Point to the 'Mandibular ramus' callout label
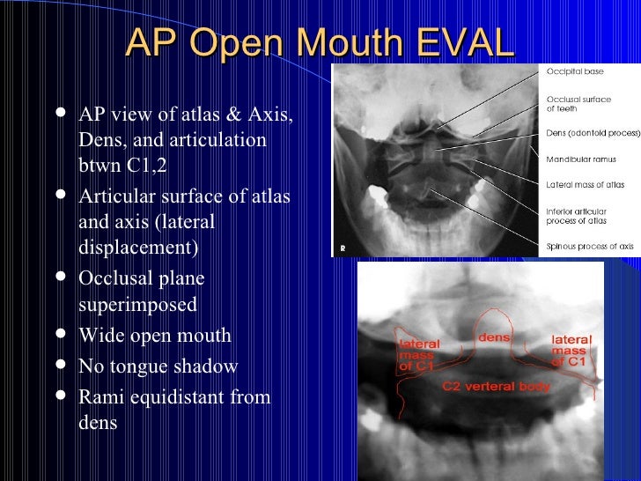578,160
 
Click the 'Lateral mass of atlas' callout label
585,184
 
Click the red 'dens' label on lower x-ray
494,337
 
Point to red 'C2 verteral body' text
496,386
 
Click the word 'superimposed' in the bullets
137,305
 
